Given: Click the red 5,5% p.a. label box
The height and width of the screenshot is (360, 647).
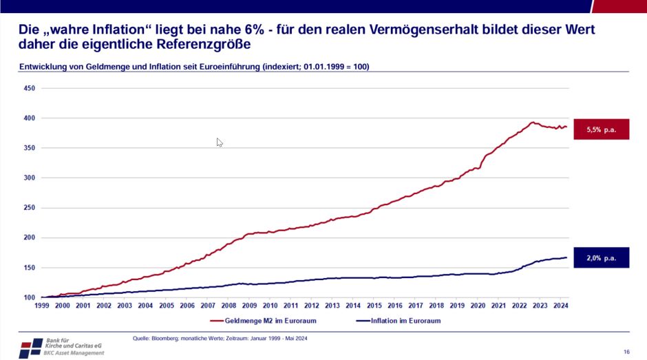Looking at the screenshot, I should pyautogui.click(x=601, y=129).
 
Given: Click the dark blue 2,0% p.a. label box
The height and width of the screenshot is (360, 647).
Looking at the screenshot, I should pyautogui.click(x=601, y=257).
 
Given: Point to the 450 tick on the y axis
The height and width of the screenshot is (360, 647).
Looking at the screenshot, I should pyautogui.click(x=30, y=88).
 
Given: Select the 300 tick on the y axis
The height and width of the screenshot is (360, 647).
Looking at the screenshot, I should pyautogui.click(x=30, y=178).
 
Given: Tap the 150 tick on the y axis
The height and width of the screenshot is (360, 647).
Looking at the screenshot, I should pyautogui.click(x=30, y=268).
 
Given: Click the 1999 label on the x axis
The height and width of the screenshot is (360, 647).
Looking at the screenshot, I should pyautogui.click(x=42, y=305).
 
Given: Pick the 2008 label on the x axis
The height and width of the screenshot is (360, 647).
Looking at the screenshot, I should pyautogui.click(x=229, y=305).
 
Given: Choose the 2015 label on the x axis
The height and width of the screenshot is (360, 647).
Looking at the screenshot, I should pyautogui.click(x=374, y=305).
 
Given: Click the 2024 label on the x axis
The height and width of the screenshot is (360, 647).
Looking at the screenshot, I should pyautogui.click(x=560, y=305).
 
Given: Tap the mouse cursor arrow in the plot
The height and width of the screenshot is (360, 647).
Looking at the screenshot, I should pyautogui.click(x=219, y=142).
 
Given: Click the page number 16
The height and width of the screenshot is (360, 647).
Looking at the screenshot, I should pyautogui.click(x=626, y=352).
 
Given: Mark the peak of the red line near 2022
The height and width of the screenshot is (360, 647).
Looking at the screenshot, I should pyautogui.click(x=531, y=123).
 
